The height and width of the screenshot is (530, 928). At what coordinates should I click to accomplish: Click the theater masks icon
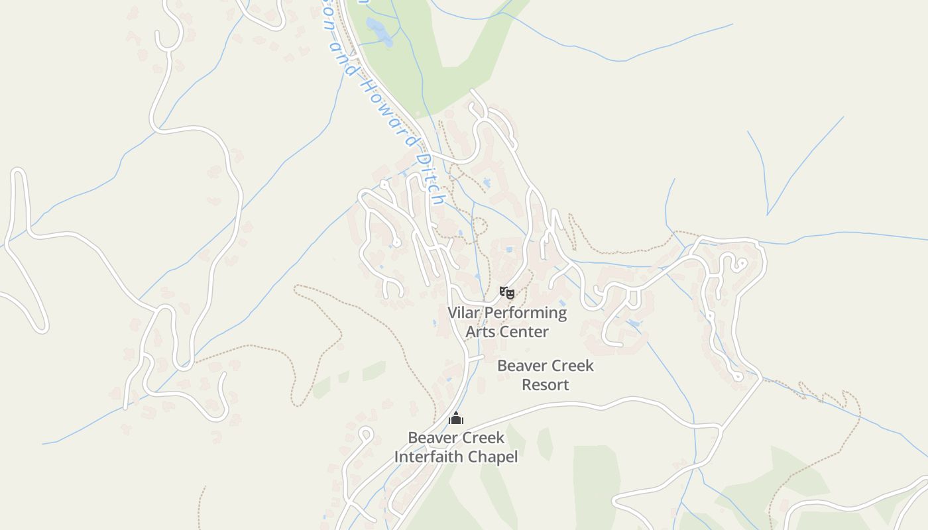pyautogui.click(x=507, y=292)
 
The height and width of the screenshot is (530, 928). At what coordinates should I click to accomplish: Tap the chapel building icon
pyautogui.click(x=456, y=418)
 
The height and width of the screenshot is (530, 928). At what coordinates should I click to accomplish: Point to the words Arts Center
pyautogui.click(x=507, y=332)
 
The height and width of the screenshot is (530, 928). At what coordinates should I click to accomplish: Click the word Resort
pyautogui.click(x=546, y=385)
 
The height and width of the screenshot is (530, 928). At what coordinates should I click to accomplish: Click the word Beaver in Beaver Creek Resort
pyautogui.click(x=521, y=366)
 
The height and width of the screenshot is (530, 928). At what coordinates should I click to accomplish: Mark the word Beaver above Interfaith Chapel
pyautogui.click(x=432, y=438)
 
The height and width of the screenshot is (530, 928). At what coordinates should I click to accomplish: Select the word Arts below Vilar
pyautogui.click(x=480, y=332)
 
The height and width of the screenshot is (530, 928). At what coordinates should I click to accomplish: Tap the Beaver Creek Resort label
pyautogui.click(x=546, y=375)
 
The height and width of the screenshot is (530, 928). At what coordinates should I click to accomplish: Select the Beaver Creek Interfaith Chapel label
pyautogui.click(x=456, y=447)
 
